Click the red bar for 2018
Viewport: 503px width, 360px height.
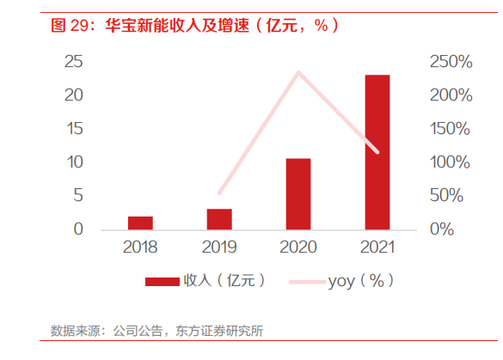[x=140, y=223]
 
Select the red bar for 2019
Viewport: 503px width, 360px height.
[x=219, y=219]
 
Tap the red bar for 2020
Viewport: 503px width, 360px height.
[x=298, y=194]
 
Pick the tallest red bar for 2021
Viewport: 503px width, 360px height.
[x=377, y=152]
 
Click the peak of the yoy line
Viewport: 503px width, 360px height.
[x=298, y=71]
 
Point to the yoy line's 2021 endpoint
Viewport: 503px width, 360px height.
[x=377, y=153]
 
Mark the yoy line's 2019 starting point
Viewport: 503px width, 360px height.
[x=219, y=193]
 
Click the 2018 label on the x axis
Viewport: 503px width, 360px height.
[x=140, y=247]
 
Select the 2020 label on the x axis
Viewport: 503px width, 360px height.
[x=298, y=247]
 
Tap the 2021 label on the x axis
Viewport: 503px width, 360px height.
[x=377, y=247]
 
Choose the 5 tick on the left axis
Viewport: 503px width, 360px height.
[x=77, y=196]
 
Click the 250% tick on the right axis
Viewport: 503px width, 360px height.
[x=451, y=62]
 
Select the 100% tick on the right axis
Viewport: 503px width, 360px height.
[x=451, y=162]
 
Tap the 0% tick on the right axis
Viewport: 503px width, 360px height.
[x=441, y=229]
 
